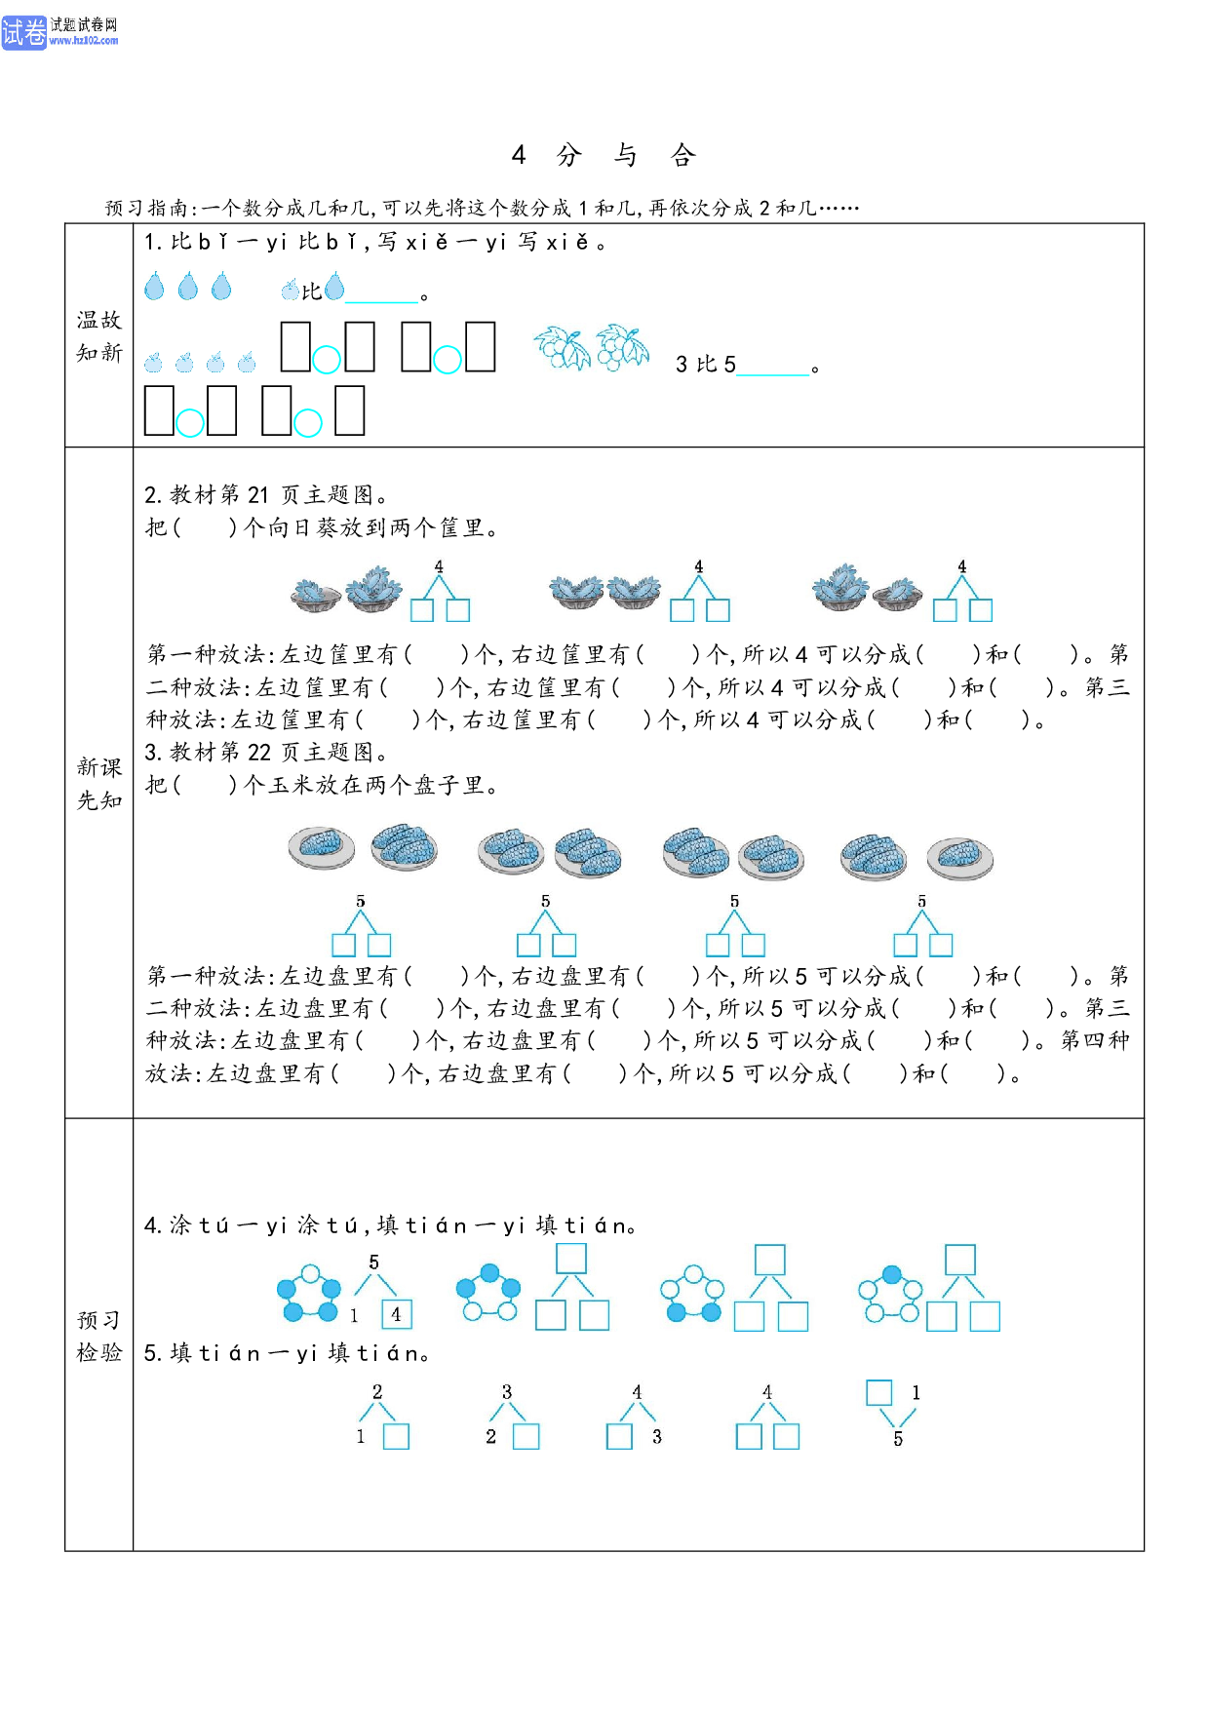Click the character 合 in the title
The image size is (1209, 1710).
pyautogui.click(x=682, y=155)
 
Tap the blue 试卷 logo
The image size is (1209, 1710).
pyautogui.click(x=23, y=32)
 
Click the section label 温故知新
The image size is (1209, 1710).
pyautogui.click(x=99, y=336)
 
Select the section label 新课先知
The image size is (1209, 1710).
pyautogui.click(x=99, y=784)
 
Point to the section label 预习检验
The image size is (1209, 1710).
pyautogui.click(x=99, y=1336)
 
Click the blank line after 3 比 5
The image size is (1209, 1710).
pyautogui.click(x=774, y=373)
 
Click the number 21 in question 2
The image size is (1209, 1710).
pyautogui.click(x=257, y=495)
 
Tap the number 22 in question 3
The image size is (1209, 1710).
pyautogui.click(x=258, y=753)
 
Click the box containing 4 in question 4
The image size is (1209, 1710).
pyautogui.click(x=397, y=1314)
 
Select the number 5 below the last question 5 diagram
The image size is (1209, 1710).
pyautogui.click(x=898, y=1439)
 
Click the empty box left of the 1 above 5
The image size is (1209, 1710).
pyautogui.click(x=878, y=1392)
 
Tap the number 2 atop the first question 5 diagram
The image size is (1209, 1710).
pyautogui.click(x=377, y=1392)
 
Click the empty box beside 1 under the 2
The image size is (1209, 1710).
pyautogui.click(x=396, y=1437)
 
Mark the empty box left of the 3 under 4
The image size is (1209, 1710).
pyautogui.click(x=619, y=1437)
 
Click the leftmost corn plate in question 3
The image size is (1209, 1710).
pyautogui.click(x=322, y=847)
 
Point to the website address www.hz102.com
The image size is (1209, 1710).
pyautogui.click(x=84, y=41)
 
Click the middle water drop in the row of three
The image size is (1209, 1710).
pyautogui.click(x=188, y=286)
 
